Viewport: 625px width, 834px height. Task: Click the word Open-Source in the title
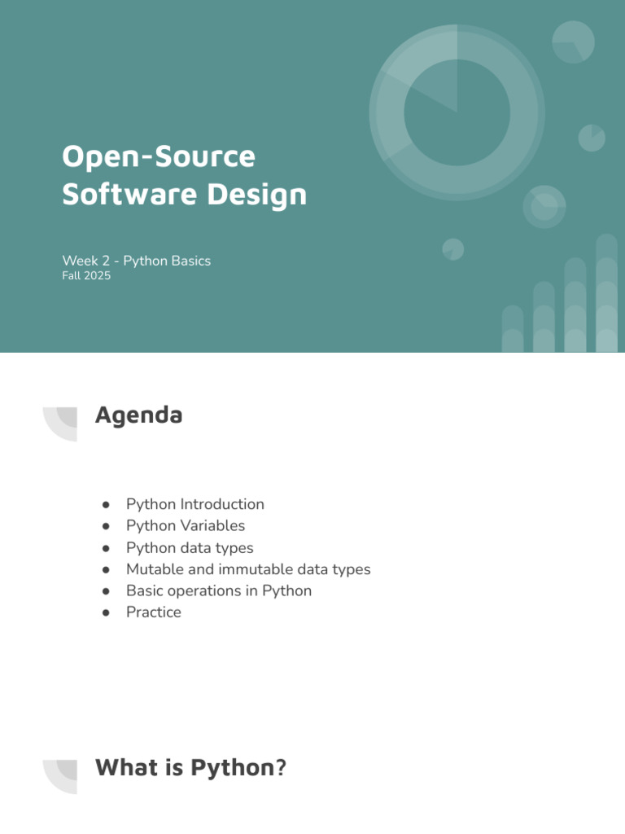[159, 156]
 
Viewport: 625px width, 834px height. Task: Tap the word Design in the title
[256, 195]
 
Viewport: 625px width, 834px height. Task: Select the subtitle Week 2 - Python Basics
[137, 261]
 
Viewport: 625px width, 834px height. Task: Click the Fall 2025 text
[86, 275]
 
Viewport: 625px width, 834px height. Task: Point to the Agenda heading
[138, 415]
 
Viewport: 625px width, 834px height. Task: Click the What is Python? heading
[190, 767]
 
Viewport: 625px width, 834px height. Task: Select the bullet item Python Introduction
[195, 504]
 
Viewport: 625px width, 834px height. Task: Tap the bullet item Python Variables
[186, 525]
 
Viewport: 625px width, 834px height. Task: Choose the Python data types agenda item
[190, 548]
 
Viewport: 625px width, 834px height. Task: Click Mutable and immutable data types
[248, 569]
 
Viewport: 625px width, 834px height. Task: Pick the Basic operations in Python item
[219, 591]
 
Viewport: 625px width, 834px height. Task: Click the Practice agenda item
[154, 612]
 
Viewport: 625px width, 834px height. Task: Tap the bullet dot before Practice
[107, 613]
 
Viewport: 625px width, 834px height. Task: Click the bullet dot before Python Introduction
[107, 505]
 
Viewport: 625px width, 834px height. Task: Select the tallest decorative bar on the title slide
[607, 293]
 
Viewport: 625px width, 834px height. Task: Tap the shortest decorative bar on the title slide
[513, 329]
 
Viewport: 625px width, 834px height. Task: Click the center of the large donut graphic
[457, 112]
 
